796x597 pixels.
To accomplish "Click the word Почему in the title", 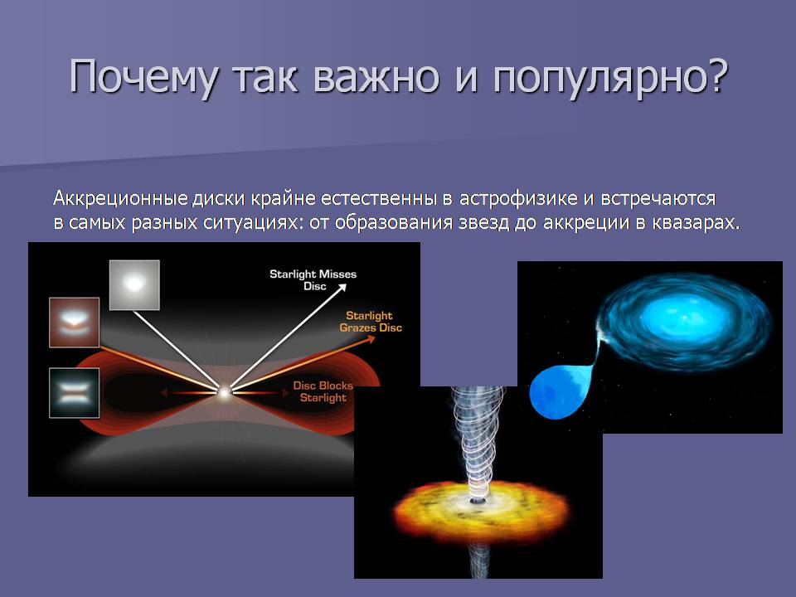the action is (x=144, y=77).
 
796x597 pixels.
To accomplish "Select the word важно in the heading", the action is (x=376, y=78).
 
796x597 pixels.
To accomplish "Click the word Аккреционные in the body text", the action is (x=120, y=198).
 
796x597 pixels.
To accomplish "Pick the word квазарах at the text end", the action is (x=695, y=222).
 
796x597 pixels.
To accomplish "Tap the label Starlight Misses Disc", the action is (x=313, y=279).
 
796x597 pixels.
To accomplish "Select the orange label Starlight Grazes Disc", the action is (x=370, y=322).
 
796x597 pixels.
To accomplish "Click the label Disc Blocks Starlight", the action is (x=323, y=391).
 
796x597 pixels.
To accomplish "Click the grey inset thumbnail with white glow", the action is (x=134, y=284).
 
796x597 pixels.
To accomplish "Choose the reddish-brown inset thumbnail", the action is (x=74, y=323).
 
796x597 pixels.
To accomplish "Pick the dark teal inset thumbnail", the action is (x=74, y=393).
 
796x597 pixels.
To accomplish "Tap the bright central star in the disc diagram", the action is (x=223, y=391).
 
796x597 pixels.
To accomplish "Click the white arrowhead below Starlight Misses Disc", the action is (x=342, y=288).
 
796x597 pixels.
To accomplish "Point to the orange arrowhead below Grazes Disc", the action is (x=371, y=338).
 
